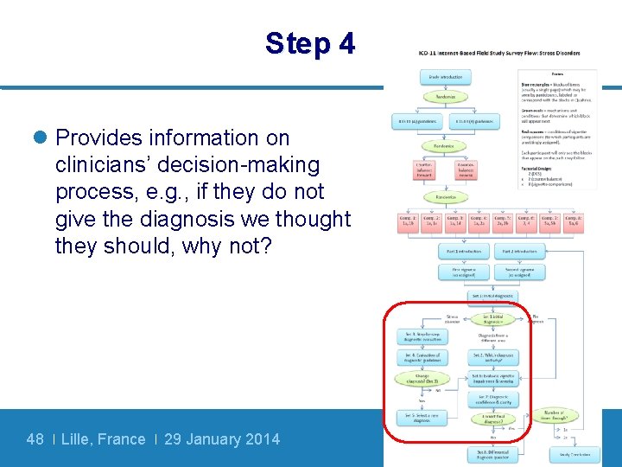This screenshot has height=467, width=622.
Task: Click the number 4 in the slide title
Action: click(x=346, y=43)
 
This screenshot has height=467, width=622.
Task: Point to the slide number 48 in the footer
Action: click(x=35, y=439)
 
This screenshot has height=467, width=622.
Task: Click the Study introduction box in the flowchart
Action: click(x=446, y=77)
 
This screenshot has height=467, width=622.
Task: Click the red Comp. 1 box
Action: click(x=409, y=222)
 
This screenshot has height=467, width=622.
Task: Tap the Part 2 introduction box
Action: click(x=519, y=252)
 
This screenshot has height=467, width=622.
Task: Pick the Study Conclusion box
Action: click(x=574, y=453)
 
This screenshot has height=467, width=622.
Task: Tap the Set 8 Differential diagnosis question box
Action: click(x=493, y=452)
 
